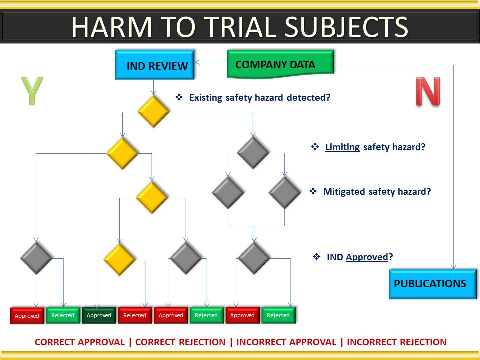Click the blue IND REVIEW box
click(155, 65)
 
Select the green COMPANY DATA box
click(280, 64)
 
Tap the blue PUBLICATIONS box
click(433, 284)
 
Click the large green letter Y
click(32, 91)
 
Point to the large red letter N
click(428, 91)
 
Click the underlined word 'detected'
click(306, 98)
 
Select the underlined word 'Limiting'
click(342, 147)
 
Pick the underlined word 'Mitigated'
click(344, 192)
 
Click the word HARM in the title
click(111, 27)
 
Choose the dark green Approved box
click(99, 315)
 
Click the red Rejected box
click(135, 315)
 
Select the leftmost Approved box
click(27, 315)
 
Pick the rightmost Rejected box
click(278, 315)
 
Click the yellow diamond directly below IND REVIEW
click(153, 111)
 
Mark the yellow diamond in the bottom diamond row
click(119, 259)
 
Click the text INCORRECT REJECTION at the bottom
click(396, 342)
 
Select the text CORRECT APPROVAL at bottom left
click(80, 342)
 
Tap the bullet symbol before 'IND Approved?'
click(317, 257)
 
